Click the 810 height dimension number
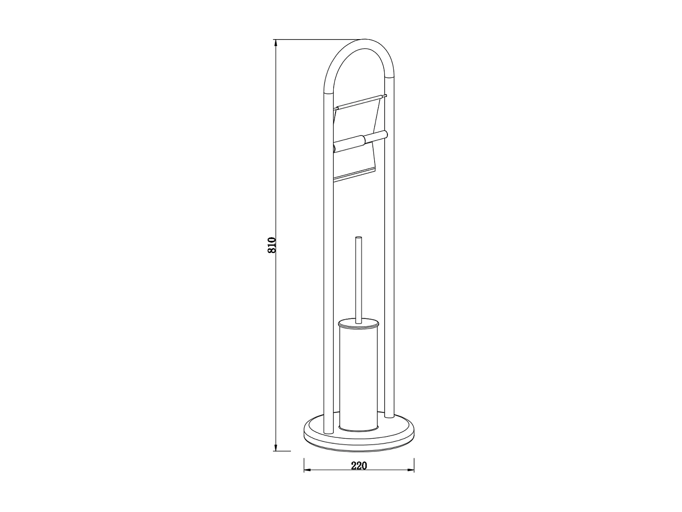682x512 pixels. point(272,245)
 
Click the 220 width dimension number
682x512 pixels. point(359,466)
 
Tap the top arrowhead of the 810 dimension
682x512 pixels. point(276,43)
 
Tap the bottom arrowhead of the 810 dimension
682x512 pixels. point(276,448)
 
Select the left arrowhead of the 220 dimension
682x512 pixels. point(306,470)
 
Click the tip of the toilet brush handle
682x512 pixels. point(358,238)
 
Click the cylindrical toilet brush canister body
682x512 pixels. point(358,378)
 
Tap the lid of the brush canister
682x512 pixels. point(358,324)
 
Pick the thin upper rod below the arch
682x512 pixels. point(359,102)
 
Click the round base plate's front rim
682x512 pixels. point(359,444)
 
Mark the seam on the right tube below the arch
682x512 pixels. point(389,77)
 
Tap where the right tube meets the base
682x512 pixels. point(389,416)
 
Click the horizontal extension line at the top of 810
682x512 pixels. point(318,40)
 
